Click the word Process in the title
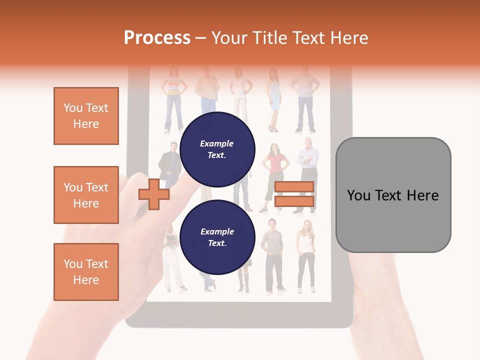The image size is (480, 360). pyautogui.click(x=157, y=37)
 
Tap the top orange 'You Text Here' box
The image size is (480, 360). pyautogui.click(x=86, y=116)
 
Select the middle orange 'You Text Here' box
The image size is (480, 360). pyautogui.click(x=86, y=195)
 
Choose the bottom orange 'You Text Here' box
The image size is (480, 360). pyautogui.click(x=86, y=272)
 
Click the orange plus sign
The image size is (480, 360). pyautogui.click(x=153, y=194)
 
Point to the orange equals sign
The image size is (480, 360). pyautogui.click(x=294, y=194)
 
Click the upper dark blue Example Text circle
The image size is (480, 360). pyautogui.click(x=217, y=149)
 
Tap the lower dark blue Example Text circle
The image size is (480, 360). pyautogui.click(x=217, y=237)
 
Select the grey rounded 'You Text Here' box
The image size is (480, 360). pyautogui.click(x=393, y=195)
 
